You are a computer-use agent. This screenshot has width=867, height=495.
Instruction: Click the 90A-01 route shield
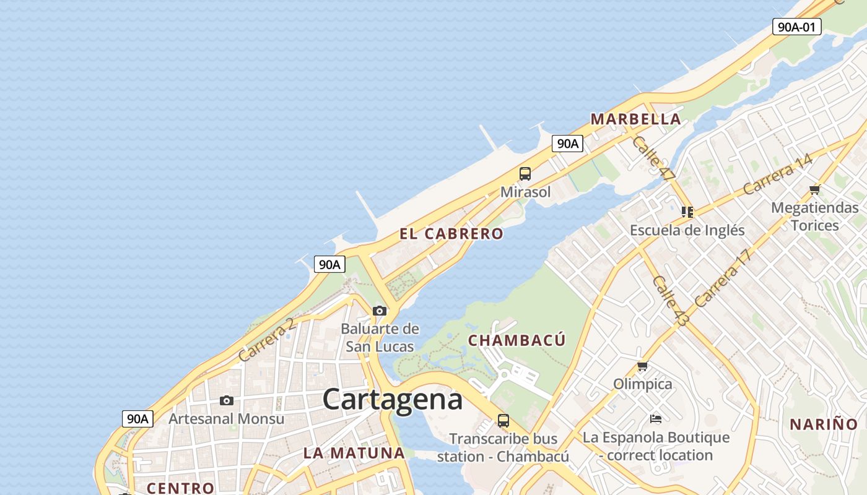click(x=796, y=27)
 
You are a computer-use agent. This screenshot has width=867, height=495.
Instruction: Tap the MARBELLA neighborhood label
click(x=635, y=119)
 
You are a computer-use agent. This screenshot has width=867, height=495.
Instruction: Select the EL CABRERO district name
click(x=451, y=234)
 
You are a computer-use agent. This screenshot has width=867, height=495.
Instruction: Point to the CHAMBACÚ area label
click(x=516, y=340)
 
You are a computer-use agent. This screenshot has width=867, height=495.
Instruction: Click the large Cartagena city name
click(x=392, y=399)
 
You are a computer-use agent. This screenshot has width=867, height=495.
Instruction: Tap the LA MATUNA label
click(x=354, y=453)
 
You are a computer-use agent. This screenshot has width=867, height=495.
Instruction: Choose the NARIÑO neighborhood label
click(x=823, y=424)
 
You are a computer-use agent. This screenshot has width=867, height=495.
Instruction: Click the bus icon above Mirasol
click(x=525, y=174)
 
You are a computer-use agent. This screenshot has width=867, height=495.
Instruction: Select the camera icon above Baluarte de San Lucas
click(x=380, y=311)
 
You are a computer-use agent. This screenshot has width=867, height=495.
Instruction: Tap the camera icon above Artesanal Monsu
click(x=227, y=401)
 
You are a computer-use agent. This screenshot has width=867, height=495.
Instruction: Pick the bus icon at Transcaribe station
click(x=503, y=421)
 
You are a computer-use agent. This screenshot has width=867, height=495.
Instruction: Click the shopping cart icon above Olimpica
click(x=642, y=366)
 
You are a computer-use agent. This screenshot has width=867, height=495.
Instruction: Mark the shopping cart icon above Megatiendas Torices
click(x=814, y=189)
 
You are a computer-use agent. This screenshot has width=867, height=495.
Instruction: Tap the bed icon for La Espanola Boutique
click(x=656, y=420)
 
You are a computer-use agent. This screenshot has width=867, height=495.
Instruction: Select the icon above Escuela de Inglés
click(x=687, y=212)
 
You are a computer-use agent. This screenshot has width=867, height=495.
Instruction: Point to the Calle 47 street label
click(x=653, y=158)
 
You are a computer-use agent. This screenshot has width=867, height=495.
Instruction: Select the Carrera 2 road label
click(x=266, y=340)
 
